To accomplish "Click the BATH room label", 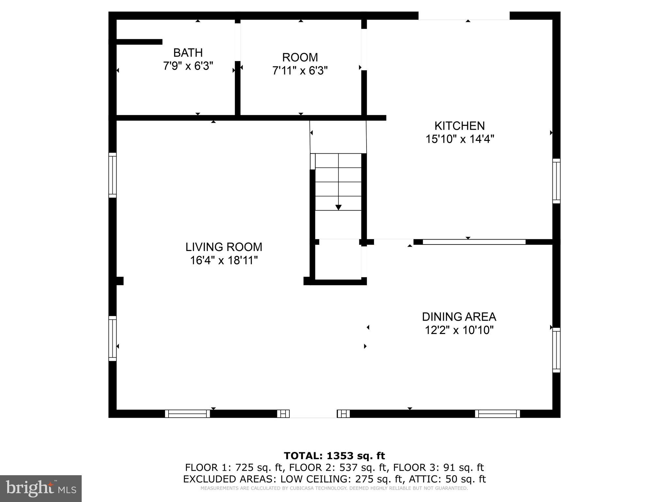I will (188, 53).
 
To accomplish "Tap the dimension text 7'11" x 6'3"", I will (300, 71).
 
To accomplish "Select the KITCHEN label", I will (459, 126).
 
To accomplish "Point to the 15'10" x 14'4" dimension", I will (459, 139).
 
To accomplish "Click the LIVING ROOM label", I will (224, 247).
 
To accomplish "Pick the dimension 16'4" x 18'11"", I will (224, 260).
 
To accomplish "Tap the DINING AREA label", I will (459, 317).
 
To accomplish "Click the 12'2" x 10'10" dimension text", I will (459, 330).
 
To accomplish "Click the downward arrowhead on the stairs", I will (338, 207).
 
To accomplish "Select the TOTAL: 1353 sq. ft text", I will (334, 456).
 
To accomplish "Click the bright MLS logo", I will (41, 488).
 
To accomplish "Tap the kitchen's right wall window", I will (556, 181).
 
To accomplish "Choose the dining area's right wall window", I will (556, 350).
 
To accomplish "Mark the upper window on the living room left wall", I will (112, 175).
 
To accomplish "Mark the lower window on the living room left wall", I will (112, 338).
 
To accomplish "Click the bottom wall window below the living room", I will (188, 414).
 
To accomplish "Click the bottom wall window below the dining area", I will (497, 414).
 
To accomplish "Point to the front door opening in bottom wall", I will (313, 414).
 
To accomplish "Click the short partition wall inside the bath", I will (139, 42).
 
